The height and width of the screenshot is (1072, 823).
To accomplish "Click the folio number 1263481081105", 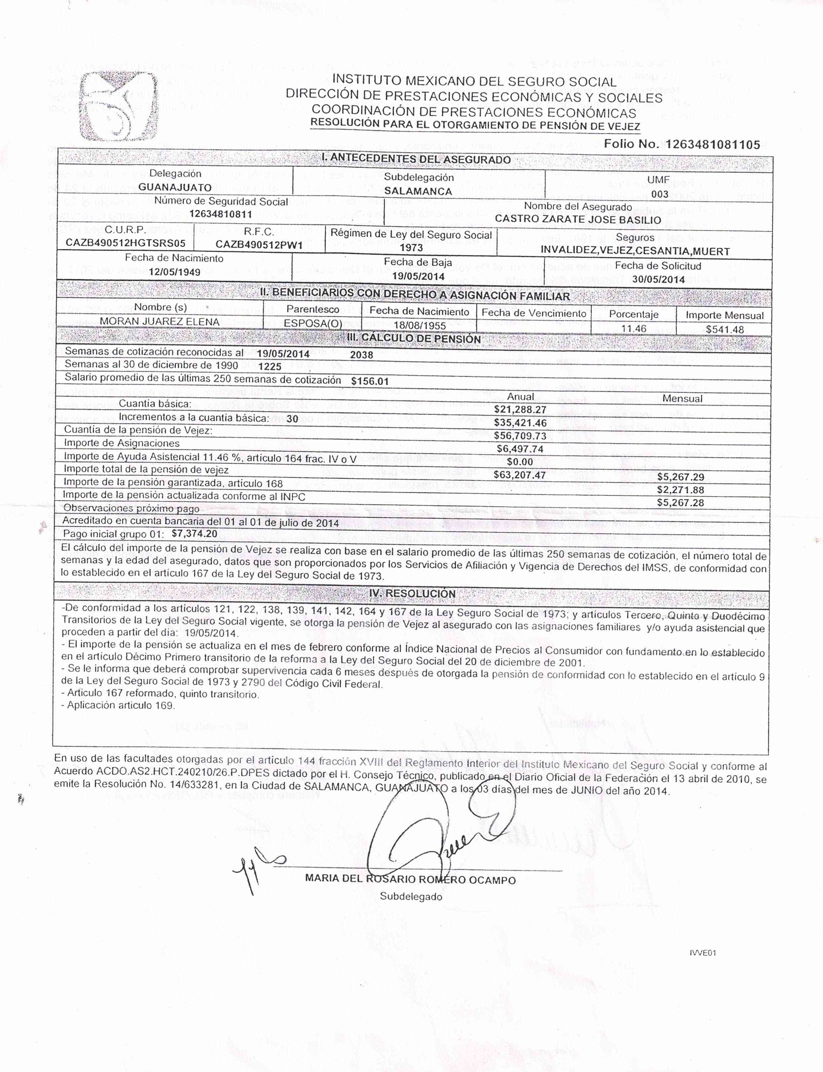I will pyautogui.click(x=712, y=144).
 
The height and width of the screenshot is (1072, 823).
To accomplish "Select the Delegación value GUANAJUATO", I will pyautogui.click(x=175, y=187).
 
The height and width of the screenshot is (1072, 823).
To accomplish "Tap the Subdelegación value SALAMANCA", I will pyautogui.click(x=418, y=191).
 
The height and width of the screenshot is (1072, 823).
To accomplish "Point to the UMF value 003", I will pyautogui.click(x=659, y=194).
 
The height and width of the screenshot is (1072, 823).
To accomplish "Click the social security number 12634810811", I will pyautogui.click(x=220, y=214).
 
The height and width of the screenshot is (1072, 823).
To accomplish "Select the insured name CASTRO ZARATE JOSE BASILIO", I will pyautogui.click(x=578, y=219).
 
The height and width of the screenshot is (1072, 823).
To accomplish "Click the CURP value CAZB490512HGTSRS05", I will pyautogui.click(x=125, y=243).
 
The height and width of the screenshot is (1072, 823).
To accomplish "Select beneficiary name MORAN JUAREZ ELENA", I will pyautogui.click(x=160, y=321).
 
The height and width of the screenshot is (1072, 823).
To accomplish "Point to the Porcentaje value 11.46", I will pyautogui.click(x=633, y=328).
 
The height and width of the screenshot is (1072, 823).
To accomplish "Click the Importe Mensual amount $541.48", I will pyautogui.click(x=724, y=329).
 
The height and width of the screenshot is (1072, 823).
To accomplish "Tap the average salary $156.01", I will pyautogui.click(x=370, y=381).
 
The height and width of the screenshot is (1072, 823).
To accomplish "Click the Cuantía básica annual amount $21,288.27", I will pyautogui.click(x=520, y=410).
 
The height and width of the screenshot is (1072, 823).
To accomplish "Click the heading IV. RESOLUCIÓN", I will pyautogui.click(x=412, y=593).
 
